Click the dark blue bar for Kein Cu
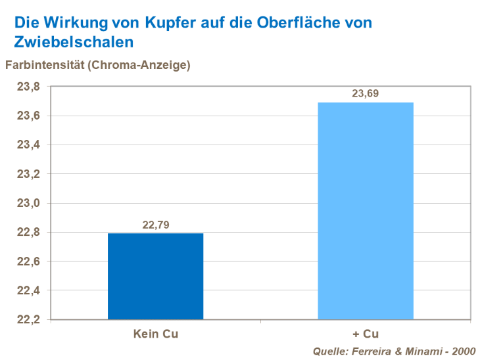156,276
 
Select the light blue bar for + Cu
366,210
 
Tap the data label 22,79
156,225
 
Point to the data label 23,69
366,94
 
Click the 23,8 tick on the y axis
28,87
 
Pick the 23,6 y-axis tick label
28,116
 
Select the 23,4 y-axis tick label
28,145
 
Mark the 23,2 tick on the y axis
28,174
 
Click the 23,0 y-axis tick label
28,204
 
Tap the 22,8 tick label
28,233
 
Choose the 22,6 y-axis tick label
28,261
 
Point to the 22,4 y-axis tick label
28,290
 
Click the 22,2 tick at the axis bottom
28,320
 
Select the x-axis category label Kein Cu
156,334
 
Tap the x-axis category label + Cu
366,334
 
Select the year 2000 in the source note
463,351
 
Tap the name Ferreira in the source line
374,351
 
